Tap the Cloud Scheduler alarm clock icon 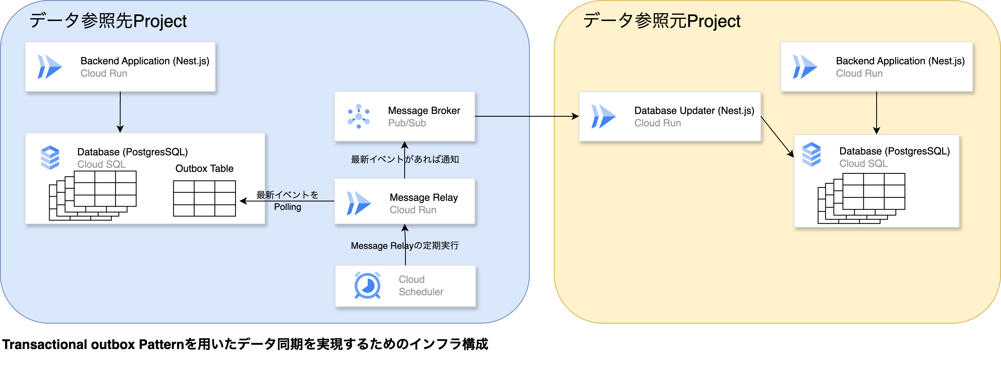coord(367,286)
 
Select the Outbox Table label coord(204,169)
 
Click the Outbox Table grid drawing coord(204,198)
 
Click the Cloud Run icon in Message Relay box coord(358,203)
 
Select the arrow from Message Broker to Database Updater coord(527,116)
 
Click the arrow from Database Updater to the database coord(777,137)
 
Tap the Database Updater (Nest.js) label coord(694,111)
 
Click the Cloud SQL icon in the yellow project coord(811,154)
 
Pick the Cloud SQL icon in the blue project coord(50,158)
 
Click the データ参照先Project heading coord(108,21)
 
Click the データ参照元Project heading coord(662,21)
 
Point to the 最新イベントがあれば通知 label coord(404,159)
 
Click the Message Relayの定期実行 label coord(404,246)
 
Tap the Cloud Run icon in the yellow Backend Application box coord(804,67)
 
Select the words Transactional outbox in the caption coord(68,344)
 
